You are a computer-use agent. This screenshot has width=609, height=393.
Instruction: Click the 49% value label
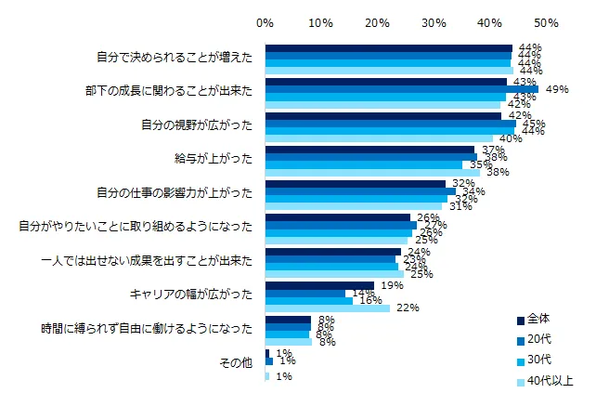pyautogui.click(x=557, y=89)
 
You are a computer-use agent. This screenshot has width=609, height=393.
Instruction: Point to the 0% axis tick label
pyautogui.click(x=265, y=20)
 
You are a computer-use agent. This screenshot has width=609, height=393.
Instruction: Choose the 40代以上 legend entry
pyautogui.click(x=549, y=380)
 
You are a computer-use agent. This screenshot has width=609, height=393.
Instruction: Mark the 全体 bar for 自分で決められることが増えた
pyautogui.click(x=388, y=47)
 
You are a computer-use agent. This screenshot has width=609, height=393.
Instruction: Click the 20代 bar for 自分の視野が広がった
pyautogui.click(x=390, y=123)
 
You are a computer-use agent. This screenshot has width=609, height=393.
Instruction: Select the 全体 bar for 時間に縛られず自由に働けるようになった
pyautogui.click(x=288, y=319)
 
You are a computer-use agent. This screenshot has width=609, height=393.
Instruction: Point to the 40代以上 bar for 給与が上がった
pyautogui.click(x=371, y=172)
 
